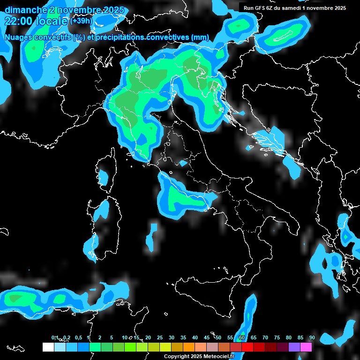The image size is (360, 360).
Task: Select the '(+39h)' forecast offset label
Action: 81,21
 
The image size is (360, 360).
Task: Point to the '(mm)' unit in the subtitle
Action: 200,37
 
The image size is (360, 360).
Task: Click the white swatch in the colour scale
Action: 48,347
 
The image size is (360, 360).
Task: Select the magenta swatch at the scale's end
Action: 306,347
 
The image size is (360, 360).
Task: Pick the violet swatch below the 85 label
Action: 294,347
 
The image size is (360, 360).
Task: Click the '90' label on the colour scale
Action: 312,337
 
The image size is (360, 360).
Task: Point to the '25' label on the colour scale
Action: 159,337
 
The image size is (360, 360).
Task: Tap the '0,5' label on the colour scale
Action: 78,337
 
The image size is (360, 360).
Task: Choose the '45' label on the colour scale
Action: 206,337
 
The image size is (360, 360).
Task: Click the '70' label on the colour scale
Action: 265,337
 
